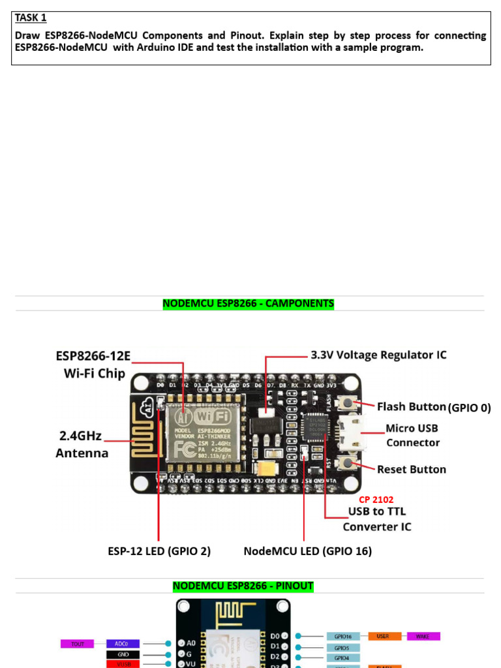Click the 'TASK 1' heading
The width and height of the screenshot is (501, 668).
point(31,18)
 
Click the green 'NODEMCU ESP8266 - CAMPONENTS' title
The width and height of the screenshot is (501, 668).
point(248,303)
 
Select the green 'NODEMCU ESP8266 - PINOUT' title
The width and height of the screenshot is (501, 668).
point(243,586)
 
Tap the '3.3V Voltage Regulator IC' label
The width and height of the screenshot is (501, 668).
point(377,356)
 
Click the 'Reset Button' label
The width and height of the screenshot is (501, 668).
point(412,469)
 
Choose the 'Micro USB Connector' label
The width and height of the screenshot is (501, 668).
point(412,435)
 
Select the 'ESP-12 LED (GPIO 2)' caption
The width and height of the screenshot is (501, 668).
point(159,551)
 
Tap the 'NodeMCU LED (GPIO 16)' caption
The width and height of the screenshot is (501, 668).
point(307,551)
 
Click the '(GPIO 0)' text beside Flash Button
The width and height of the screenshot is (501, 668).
point(469,408)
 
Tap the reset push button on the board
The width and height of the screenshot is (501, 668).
point(349,464)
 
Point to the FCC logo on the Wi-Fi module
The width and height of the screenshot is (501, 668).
point(180,449)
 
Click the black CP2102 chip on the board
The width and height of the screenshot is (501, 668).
point(320,425)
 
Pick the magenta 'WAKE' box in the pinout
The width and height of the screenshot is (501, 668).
point(423,635)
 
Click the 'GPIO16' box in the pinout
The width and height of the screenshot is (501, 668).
point(343,635)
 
